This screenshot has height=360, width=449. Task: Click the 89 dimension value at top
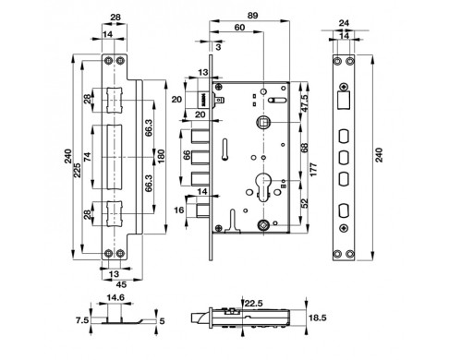252,16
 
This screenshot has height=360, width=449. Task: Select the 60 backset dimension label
239,28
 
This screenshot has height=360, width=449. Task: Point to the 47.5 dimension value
304,102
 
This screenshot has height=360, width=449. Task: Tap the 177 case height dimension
313,170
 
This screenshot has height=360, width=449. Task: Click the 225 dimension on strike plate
78,170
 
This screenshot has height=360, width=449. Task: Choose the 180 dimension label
161,156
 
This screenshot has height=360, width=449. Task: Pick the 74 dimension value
88,157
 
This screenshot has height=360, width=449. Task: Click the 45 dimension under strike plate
121,284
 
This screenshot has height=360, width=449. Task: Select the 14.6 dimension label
115,298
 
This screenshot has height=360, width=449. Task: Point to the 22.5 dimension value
254,304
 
